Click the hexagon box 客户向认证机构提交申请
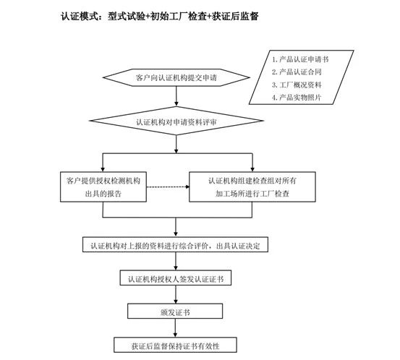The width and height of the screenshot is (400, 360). (176, 77)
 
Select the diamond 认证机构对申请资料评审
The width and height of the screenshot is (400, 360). (176, 121)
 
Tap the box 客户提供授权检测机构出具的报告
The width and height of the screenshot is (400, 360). (103, 187)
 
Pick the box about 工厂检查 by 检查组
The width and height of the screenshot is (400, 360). (252, 187)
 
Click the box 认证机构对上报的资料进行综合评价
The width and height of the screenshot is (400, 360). (175, 245)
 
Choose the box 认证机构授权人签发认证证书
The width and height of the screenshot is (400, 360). (176, 278)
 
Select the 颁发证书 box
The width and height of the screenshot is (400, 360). (175, 311)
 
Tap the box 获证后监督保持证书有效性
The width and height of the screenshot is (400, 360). (175, 345)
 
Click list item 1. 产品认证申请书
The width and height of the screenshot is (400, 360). (300, 59)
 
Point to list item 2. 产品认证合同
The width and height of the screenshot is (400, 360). (297, 72)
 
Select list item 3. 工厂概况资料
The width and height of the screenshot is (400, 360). (297, 85)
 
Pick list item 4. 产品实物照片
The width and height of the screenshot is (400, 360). (297, 97)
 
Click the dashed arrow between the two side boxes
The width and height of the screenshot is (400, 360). (168, 187)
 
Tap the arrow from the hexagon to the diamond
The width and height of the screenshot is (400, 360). (176, 96)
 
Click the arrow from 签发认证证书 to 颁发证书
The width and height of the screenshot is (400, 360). (176, 294)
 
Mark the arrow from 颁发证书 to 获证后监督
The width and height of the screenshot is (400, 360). (175, 328)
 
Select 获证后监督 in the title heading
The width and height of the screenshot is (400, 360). (235, 17)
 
